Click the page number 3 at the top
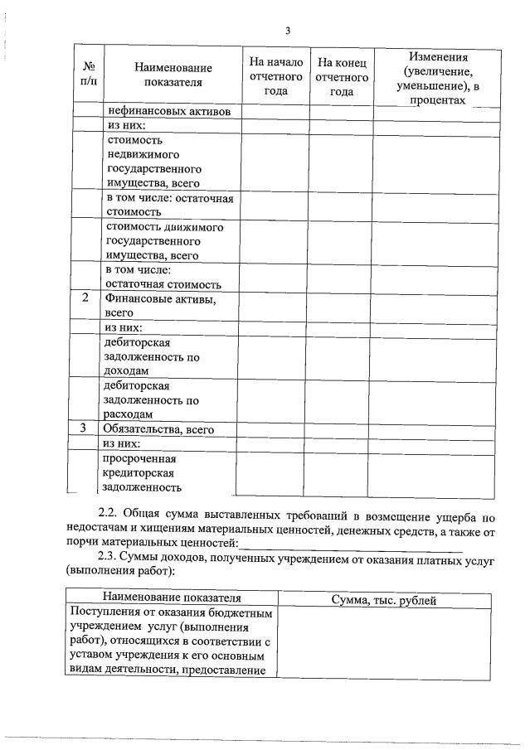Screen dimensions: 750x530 coord(287,31)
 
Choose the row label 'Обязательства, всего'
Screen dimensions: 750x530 coord(158,429)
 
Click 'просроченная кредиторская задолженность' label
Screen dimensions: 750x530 coord(148,472)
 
